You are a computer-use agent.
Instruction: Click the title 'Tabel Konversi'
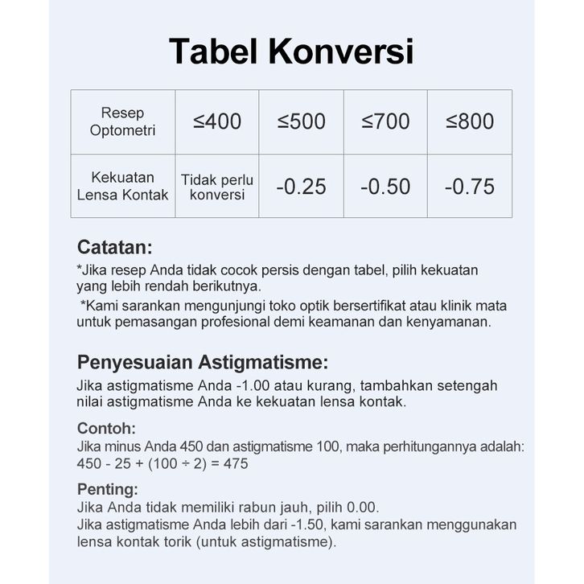coord(291,52)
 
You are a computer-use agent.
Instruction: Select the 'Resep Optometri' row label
coord(123,121)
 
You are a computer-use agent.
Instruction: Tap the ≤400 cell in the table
coord(217,121)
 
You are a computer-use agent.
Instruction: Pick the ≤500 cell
coord(302,121)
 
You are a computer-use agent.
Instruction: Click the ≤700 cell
coord(385,121)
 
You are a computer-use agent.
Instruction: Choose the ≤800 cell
coord(470,121)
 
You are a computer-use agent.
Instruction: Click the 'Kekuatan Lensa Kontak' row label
coord(123,186)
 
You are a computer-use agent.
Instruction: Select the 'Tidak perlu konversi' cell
coord(217,187)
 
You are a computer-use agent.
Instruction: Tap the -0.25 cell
coord(302,187)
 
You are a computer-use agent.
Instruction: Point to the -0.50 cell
coord(385,187)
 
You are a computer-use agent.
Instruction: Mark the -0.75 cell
coord(470,187)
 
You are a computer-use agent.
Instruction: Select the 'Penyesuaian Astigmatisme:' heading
coord(202,362)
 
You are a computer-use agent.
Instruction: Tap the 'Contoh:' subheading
coord(106,428)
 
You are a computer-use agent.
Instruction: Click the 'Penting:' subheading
coord(108,489)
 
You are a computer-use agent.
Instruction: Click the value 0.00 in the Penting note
coord(362,508)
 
